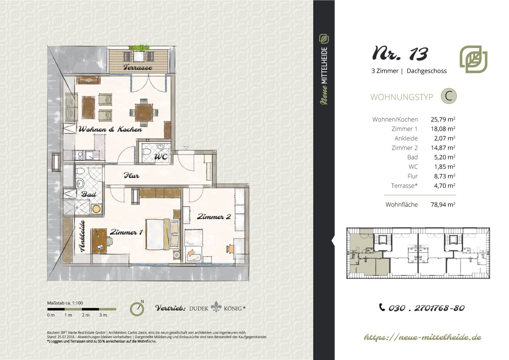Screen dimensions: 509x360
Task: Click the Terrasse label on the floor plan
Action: pos(138,67)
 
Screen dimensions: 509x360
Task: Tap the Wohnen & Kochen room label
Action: pos(110,129)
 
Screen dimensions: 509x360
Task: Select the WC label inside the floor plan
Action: pos(161,157)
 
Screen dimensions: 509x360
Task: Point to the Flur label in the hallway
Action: pos(131,175)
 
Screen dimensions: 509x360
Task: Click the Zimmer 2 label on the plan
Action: pos(214,217)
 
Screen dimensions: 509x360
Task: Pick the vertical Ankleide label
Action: pos(82,236)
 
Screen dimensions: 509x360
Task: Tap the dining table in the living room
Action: pos(144,112)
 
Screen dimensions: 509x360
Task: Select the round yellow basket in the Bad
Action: pos(96,209)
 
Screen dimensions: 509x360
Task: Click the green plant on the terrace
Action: pos(139,48)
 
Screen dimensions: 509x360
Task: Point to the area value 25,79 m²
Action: pos(443,119)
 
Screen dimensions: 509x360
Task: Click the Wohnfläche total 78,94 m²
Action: pos(443,204)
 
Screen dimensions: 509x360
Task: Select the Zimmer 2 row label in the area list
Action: pos(404,148)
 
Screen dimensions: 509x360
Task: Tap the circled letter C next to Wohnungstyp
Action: pos(449,96)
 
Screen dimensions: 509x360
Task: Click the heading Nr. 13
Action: pos(400,54)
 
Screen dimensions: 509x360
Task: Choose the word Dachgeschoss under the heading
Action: pos(426,71)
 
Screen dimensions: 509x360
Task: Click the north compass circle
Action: pos(137,309)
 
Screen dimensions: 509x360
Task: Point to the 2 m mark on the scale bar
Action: pos(86,315)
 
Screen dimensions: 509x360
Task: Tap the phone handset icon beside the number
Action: pos(382,307)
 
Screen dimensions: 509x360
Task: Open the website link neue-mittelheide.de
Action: pos(422,337)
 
